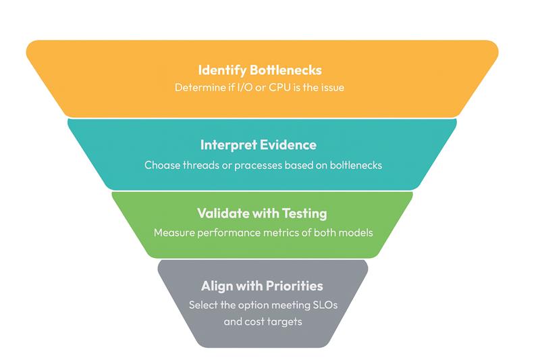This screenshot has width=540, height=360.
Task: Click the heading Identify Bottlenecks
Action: pyautogui.click(x=260, y=70)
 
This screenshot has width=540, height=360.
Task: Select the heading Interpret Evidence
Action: pyautogui.click(x=259, y=145)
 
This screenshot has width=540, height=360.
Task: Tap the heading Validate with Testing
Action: pyautogui.click(x=262, y=213)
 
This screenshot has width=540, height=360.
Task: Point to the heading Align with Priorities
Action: pyautogui.click(x=263, y=286)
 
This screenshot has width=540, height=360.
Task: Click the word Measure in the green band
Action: pyautogui.click(x=173, y=233)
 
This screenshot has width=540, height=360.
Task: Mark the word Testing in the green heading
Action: pyautogui.click(x=302, y=213)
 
